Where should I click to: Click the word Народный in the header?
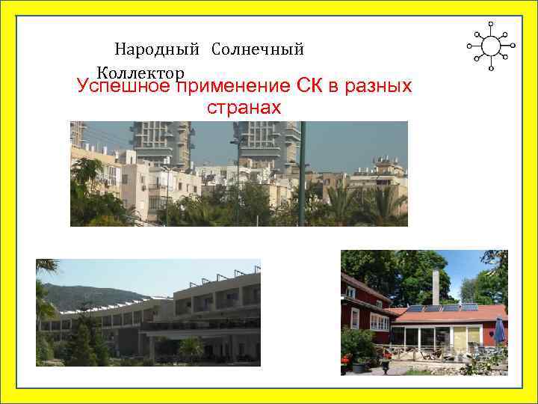point(156,50)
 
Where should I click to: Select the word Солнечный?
point(257,50)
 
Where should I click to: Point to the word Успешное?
point(123,87)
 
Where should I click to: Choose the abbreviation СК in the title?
point(313,86)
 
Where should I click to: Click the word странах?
point(244,108)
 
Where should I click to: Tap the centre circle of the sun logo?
point(491,46)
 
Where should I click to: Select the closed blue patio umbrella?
point(499,331)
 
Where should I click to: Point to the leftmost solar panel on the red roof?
point(415,308)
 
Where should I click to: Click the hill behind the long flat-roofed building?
point(71,293)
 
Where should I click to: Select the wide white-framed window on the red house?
point(379,322)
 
